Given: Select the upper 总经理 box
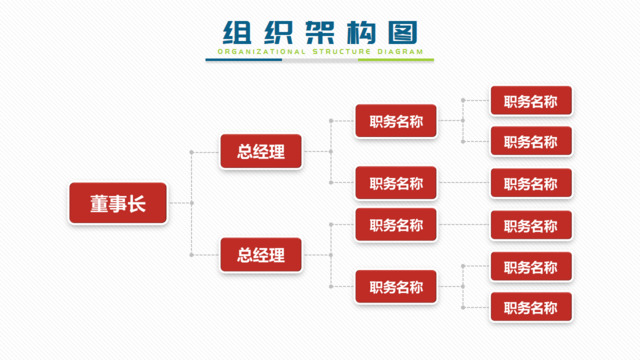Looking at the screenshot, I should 261,152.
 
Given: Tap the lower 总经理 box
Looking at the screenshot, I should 261,255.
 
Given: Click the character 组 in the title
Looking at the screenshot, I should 237,31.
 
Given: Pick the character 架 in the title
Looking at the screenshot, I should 319,31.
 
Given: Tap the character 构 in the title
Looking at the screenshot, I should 361,31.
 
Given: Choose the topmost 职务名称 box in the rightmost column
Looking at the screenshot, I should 531,100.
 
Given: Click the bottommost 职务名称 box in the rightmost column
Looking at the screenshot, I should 531,306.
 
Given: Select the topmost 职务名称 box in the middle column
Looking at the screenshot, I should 396,121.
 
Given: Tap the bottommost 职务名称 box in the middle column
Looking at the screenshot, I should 396,287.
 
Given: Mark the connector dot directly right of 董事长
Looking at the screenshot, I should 191,204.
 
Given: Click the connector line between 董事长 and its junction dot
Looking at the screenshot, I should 179,204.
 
